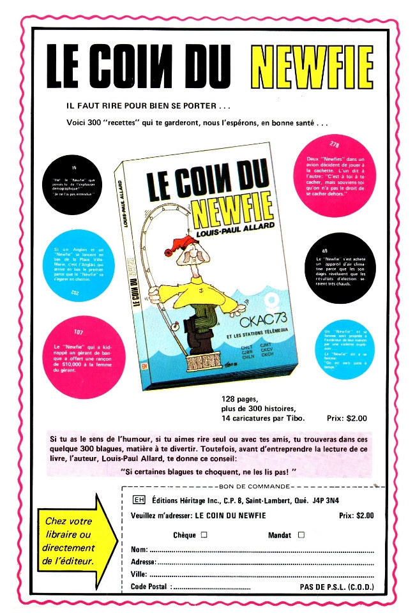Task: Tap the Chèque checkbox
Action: pos(204,535)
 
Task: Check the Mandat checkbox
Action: pos(301,535)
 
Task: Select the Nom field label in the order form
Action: pos(139,549)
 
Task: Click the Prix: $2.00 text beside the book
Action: pos(347,419)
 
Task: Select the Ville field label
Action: pos(139,575)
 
